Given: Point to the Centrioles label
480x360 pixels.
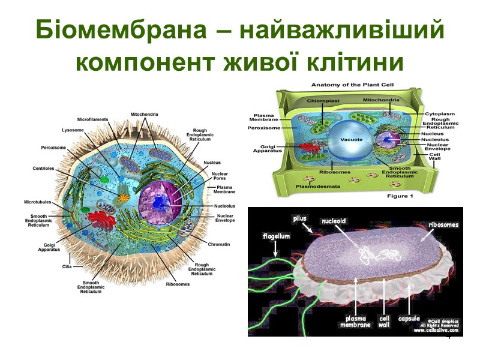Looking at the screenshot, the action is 43,169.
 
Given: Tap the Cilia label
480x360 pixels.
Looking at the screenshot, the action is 68,265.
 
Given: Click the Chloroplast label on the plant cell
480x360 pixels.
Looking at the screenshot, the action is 323,101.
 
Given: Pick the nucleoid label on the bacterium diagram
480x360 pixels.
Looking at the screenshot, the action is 334,221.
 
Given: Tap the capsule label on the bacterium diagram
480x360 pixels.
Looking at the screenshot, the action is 408,317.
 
